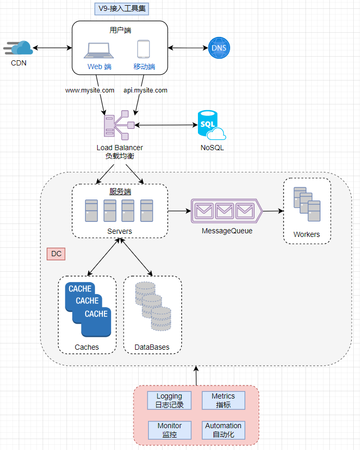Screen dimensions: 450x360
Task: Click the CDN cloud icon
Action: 19,48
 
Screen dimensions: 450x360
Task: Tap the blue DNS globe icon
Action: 219,48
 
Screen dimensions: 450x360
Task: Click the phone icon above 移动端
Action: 144,49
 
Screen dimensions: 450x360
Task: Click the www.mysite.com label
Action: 90,90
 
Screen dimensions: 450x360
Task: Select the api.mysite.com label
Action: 145,90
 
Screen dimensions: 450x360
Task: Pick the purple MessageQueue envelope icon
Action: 226,211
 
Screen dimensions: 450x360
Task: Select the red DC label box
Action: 56,254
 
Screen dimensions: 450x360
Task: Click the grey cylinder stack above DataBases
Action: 153,306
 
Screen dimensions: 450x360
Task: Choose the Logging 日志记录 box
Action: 169,401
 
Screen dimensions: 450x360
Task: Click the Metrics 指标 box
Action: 223,401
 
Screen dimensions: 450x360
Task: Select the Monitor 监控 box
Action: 169,430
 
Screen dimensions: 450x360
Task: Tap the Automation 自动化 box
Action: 223,430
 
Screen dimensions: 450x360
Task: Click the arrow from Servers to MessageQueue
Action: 179,211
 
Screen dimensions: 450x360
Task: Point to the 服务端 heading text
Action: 120,192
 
